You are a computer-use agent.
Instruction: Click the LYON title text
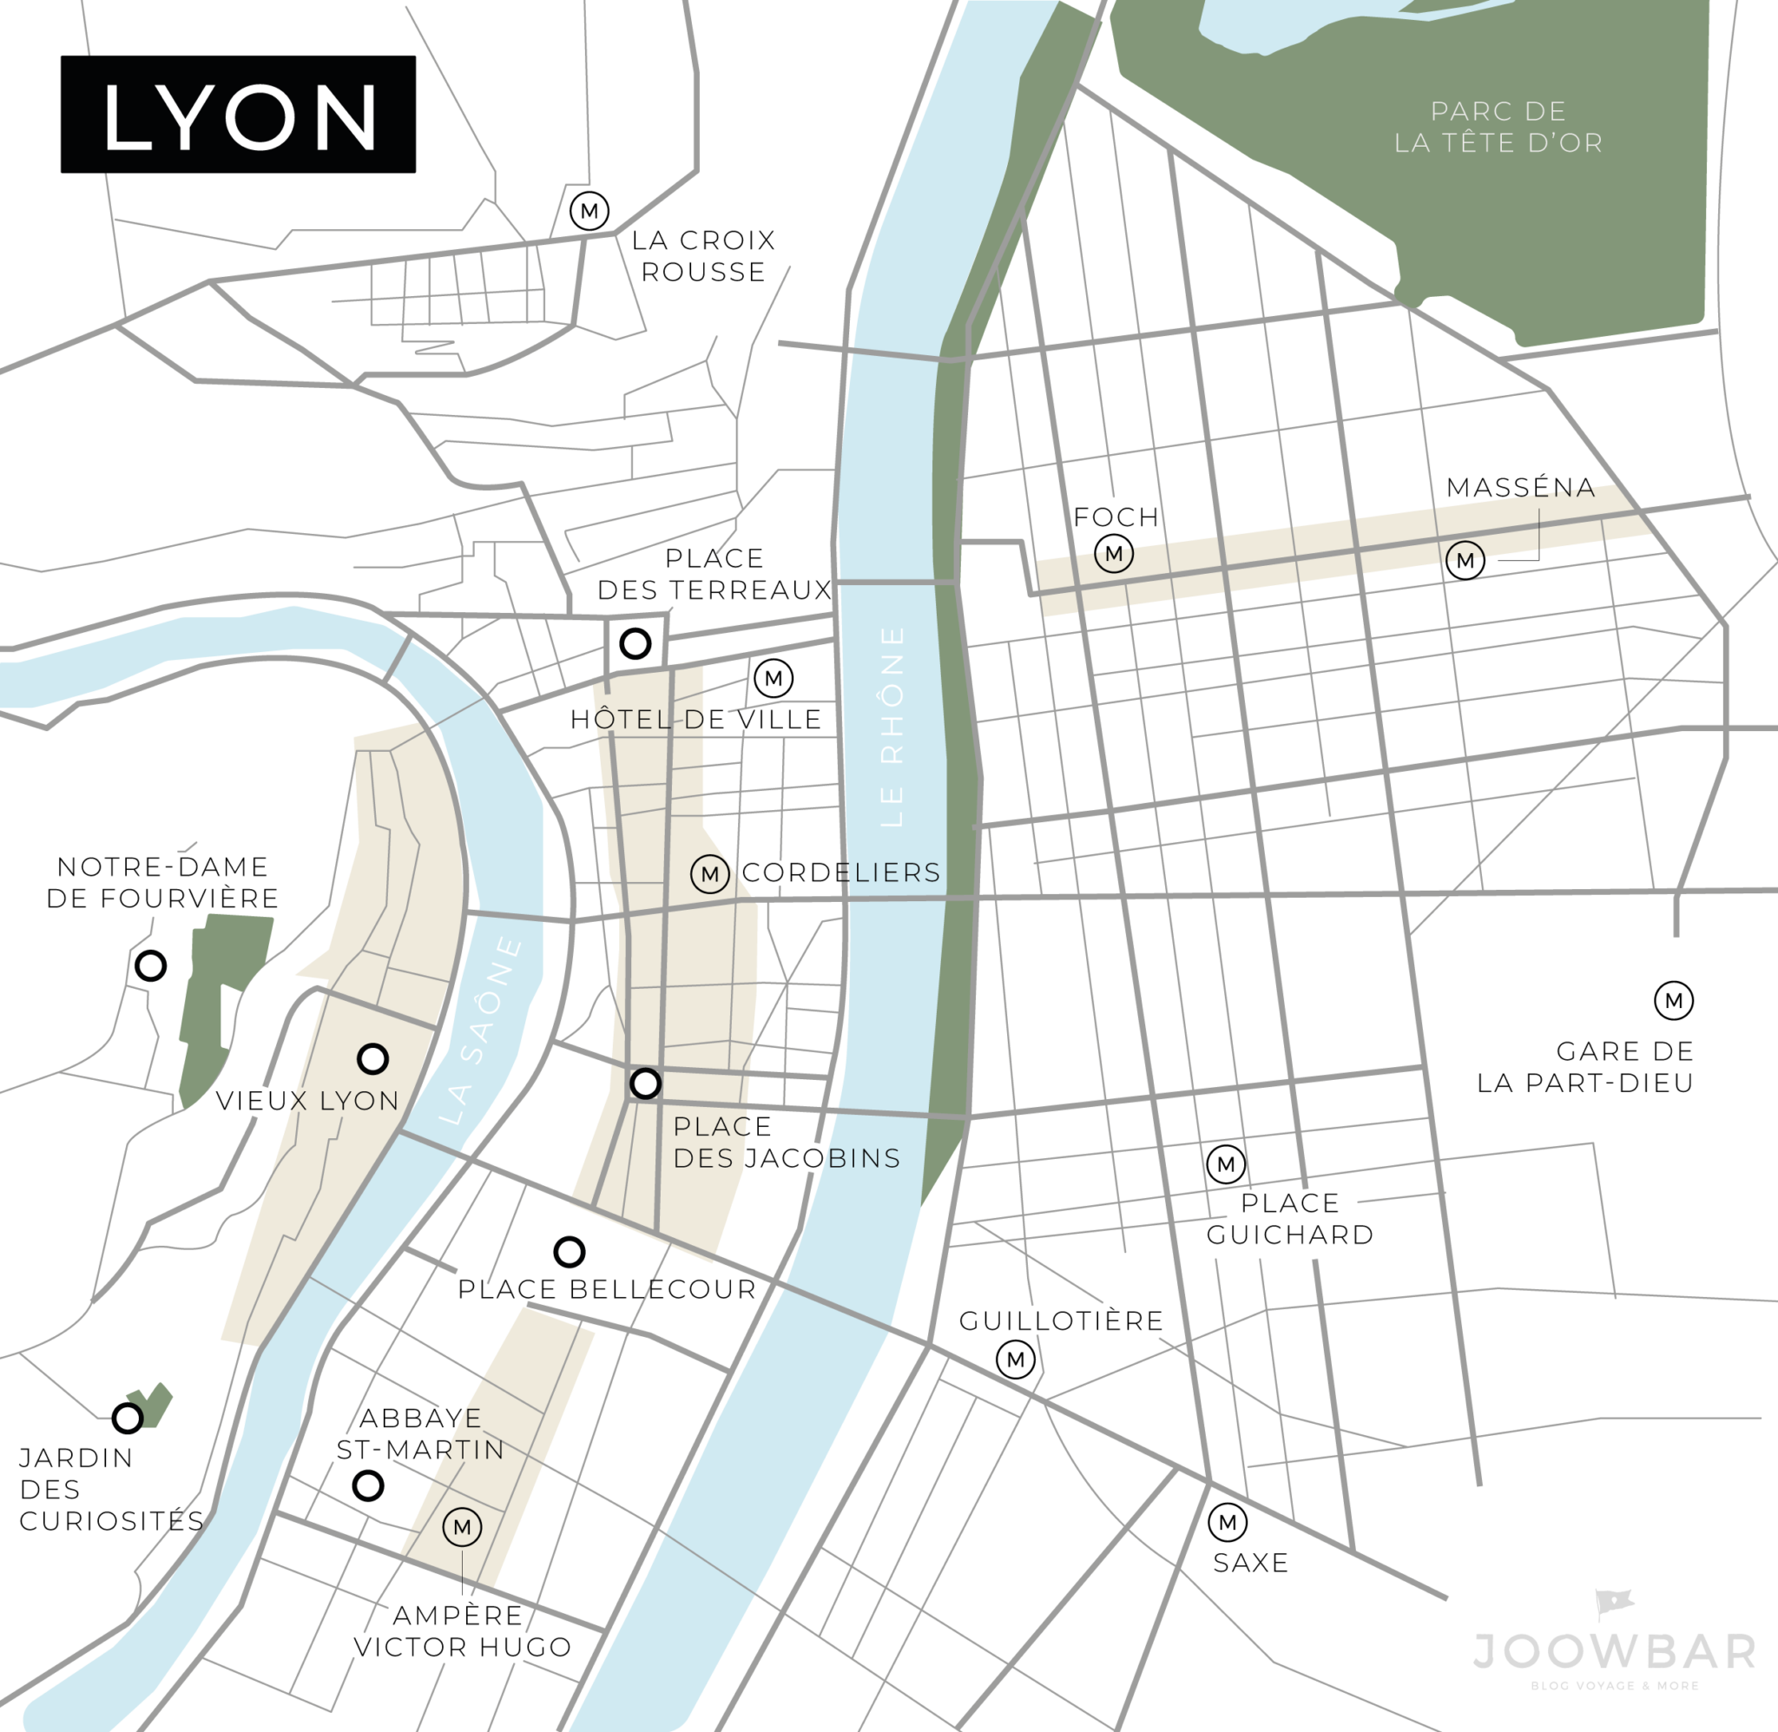(240, 116)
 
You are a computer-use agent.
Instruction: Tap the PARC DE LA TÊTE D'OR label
(1498, 127)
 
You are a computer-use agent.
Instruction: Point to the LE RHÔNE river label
(893, 726)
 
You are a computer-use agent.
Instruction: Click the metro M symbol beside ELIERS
(709, 874)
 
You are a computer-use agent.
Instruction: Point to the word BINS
(864, 1158)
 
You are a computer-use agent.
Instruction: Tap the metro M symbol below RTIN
(462, 1527)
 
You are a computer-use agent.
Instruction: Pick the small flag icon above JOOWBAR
(1614, 1604)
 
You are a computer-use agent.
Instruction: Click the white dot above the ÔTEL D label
(635, 644)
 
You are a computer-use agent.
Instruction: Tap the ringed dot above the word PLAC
(646, 1083)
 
